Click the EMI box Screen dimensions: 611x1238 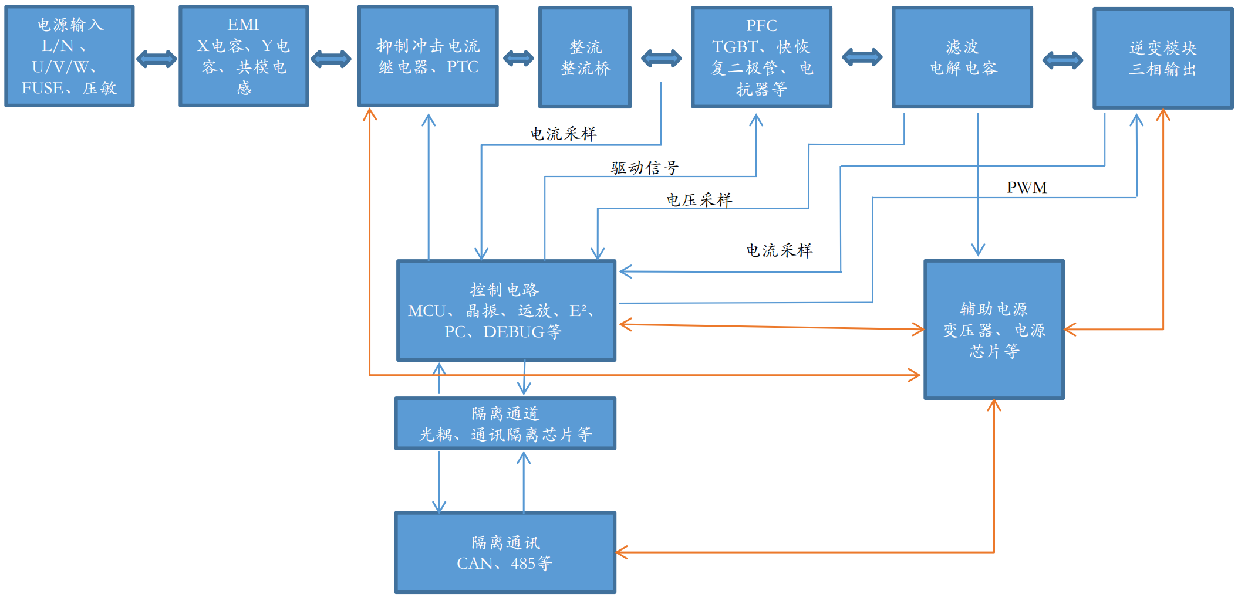click(244, 56)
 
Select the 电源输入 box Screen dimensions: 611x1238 click(69, 56)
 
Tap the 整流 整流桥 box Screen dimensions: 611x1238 click(585, 57)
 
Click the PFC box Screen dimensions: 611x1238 click(761, 57)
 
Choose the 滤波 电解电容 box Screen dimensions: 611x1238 click(962, 57)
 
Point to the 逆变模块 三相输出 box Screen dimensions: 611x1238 click(1163, 58)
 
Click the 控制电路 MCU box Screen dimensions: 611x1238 click(506, 310)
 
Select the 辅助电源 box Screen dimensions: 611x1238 click(994, 330)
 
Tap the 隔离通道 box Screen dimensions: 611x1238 click(505, 423)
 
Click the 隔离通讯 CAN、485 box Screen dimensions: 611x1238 click(505, 552)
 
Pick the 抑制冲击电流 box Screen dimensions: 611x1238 click(428, 56)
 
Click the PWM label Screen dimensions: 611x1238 click(1027, 188)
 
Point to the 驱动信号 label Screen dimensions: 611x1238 click(645, 168)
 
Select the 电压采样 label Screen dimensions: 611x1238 click(699, 200)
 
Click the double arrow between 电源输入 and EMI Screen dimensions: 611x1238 click(157, 59)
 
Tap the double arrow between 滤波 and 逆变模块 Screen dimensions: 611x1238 click(1062, 60)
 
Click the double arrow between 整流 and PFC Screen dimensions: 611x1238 click(662, 58)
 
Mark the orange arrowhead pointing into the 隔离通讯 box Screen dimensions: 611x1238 click(622, 552)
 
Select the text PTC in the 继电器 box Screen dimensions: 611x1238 click(463, 67)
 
